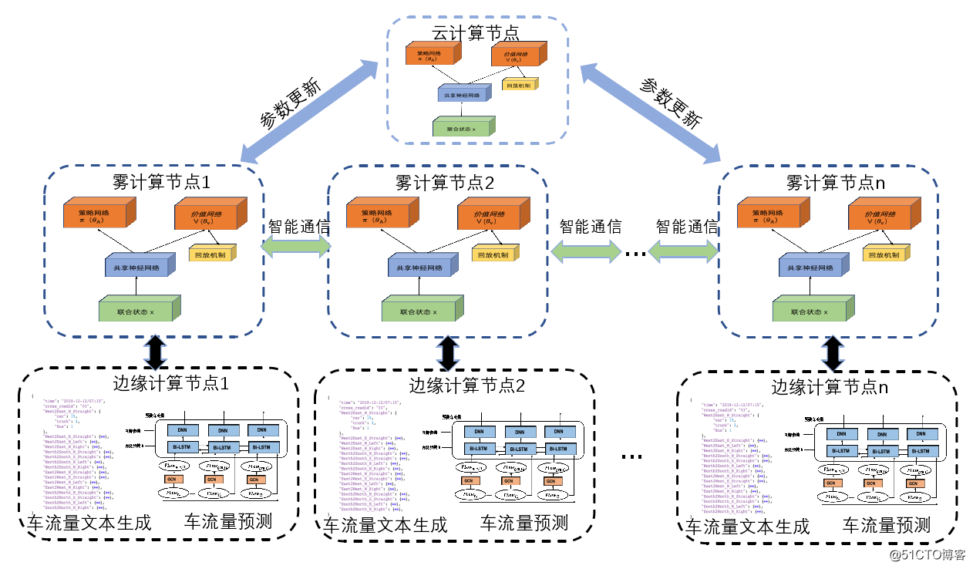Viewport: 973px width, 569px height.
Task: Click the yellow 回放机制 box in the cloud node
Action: pos(518,85)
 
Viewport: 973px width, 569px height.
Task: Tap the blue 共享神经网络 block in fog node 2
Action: pos(419,268)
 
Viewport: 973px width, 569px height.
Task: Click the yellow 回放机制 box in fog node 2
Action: pos(494,254)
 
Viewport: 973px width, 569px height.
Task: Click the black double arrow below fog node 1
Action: pos(156,352)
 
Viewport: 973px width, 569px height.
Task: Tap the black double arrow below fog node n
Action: pos(832,352)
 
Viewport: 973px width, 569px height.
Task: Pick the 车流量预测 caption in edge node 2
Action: pos(524,524)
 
